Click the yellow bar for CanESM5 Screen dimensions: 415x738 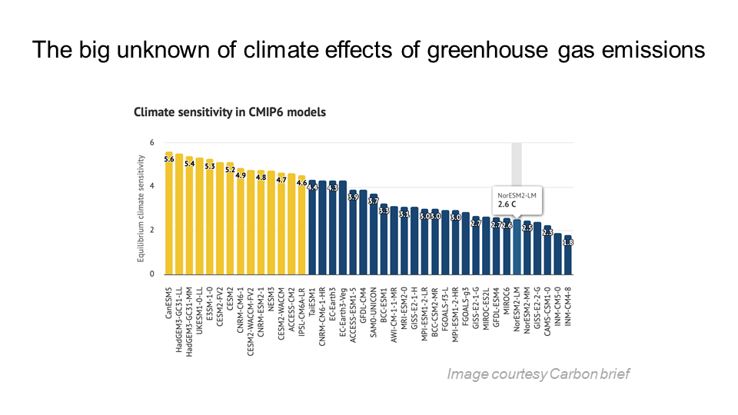[169, 215]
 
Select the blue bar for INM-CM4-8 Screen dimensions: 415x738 [568, 257]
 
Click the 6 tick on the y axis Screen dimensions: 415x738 [151, 143]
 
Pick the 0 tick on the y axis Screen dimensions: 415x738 [151, 274]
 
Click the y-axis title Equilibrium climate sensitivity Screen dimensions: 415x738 [141, 207]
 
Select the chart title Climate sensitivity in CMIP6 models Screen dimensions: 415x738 [229, 112]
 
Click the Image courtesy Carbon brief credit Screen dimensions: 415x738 [537, 374]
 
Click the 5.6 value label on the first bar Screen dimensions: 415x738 [169, 159]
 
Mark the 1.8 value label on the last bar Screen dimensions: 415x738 [568, 242]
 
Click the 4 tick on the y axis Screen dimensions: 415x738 [151, 187]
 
